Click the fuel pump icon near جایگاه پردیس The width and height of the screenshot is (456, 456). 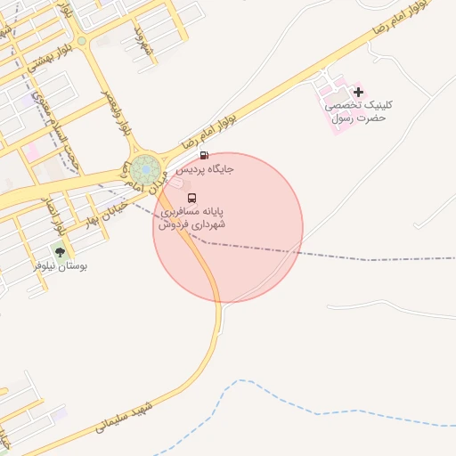205,155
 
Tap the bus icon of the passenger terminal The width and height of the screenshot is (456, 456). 192,199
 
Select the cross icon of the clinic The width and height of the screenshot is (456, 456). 358,92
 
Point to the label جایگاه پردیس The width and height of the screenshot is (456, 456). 204,168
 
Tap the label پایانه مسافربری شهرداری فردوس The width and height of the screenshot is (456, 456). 192,218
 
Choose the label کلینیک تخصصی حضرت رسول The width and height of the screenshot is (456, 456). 361,111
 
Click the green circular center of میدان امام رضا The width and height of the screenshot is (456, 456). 145,167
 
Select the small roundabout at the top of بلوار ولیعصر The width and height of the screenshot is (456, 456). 82,40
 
